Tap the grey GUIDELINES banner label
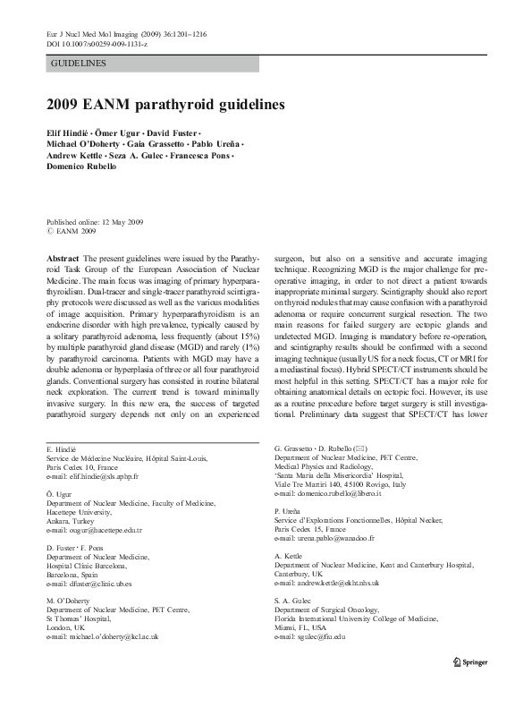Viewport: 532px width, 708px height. [80, 64]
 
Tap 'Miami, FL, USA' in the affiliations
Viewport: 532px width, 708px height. [301, 627]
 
